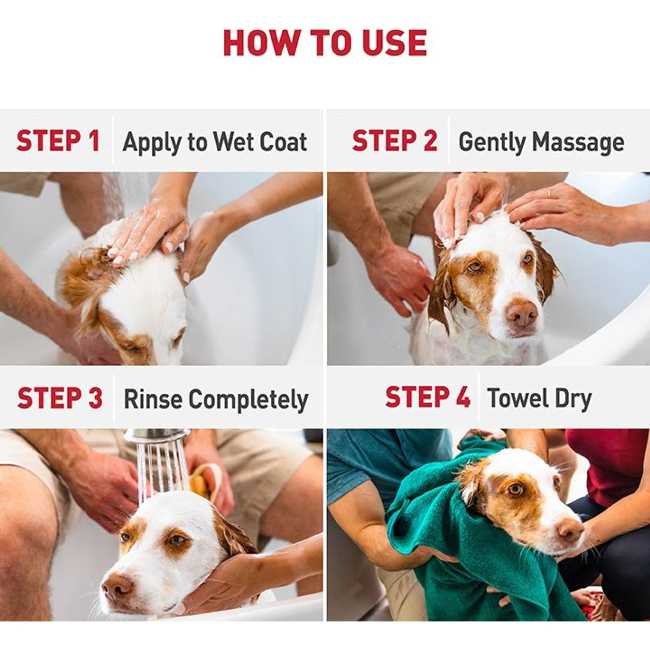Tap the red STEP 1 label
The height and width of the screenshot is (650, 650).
[x=58, y=141]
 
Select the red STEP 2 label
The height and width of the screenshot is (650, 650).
[x=394, y=141]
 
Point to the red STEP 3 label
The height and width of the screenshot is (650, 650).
[x=60, y=398]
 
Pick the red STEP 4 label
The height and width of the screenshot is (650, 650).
[x=427, y=397]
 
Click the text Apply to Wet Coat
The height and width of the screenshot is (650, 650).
[x=215, y=142]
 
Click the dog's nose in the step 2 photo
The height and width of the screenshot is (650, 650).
[x=521, y=313]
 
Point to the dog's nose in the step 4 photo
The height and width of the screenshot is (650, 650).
[x=570, y=529]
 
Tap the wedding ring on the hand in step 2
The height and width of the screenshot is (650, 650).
[x=549, y=192]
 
